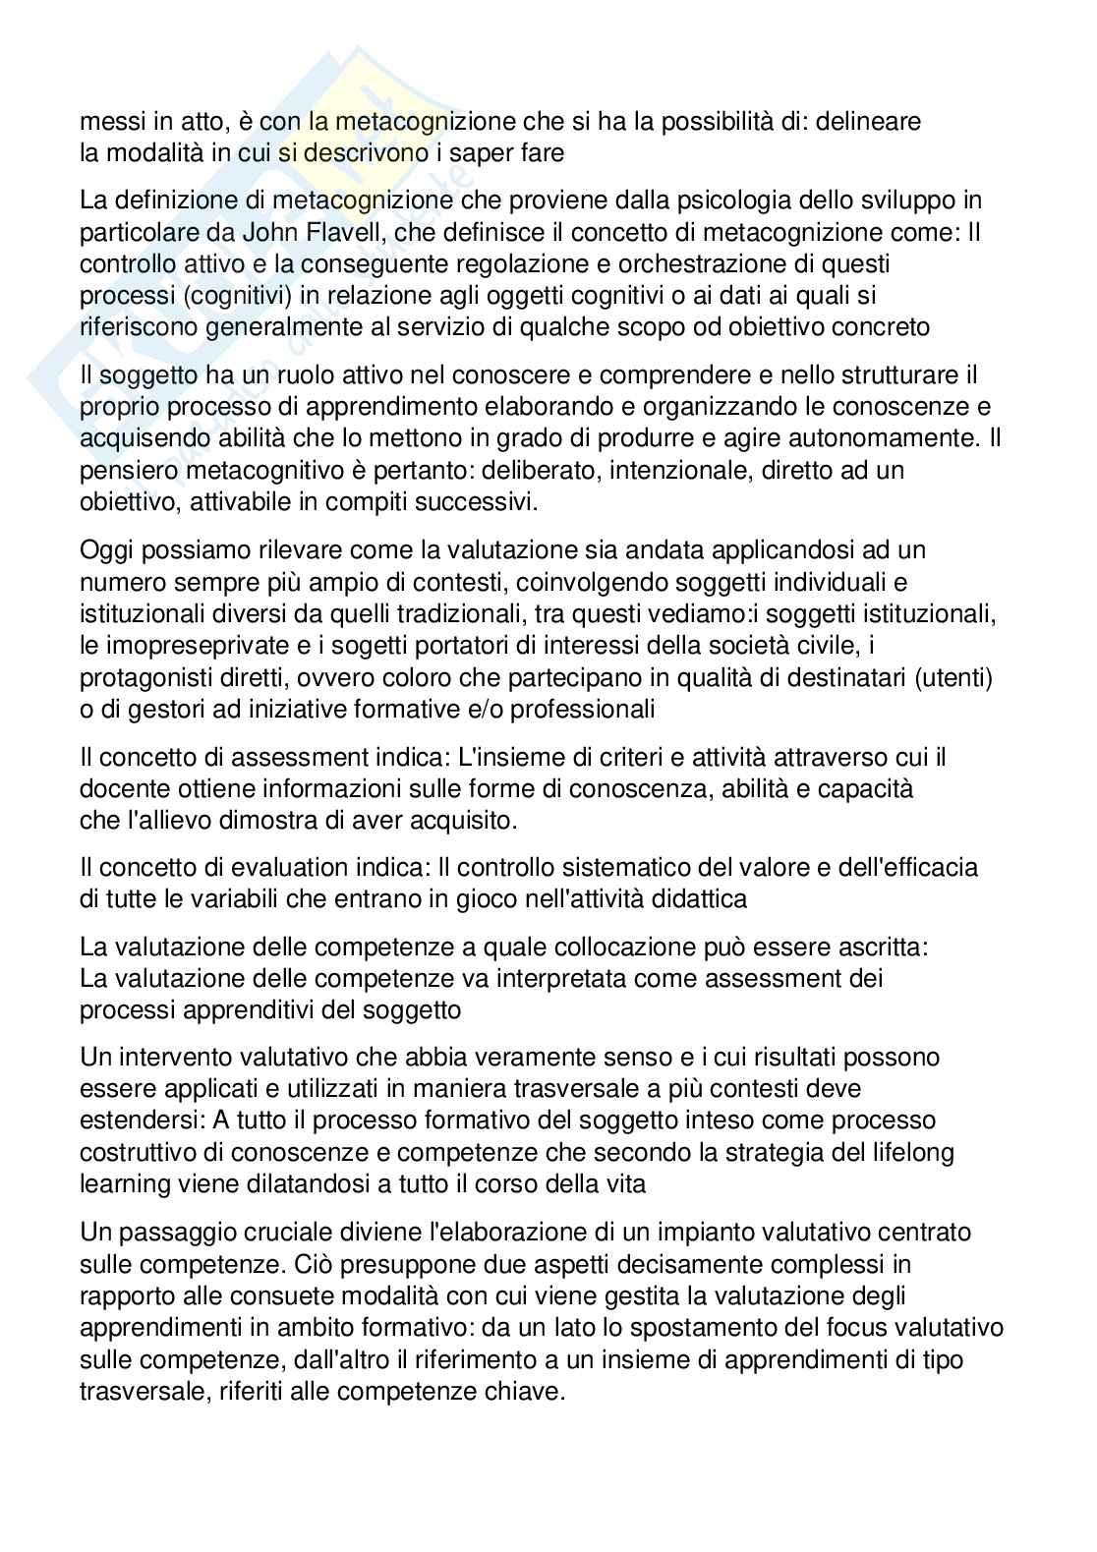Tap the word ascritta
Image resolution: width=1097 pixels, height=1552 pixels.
point(880,948)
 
